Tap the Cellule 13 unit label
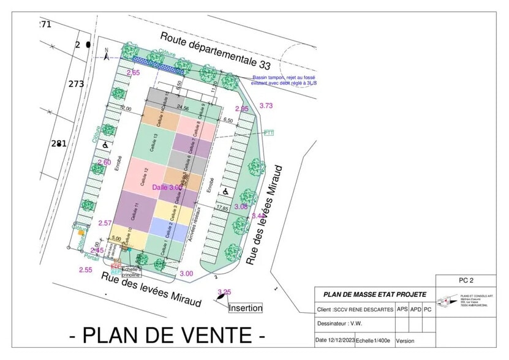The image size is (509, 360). tap(154, 143)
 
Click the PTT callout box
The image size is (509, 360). tap(269, 132)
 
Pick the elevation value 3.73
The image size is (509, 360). tap(266, 106)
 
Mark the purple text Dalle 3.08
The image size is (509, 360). tap(166, 187)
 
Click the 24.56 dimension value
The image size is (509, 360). tap(183, 107)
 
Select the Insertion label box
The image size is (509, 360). tap(246, 308)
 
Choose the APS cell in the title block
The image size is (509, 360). tap(402, 309)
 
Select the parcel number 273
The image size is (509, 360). tap(76, 84)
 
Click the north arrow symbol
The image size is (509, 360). tap(107, 55)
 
